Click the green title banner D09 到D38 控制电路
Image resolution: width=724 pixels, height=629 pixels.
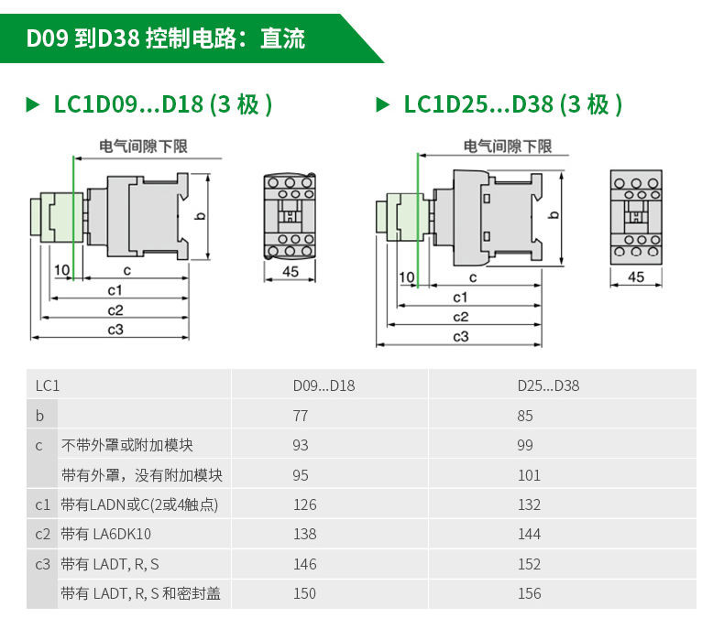(165, 38)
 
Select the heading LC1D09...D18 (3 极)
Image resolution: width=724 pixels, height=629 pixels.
(162, 104)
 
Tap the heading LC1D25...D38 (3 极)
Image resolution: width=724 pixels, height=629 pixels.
(512, 104)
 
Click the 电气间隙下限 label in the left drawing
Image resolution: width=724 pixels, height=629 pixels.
(144, 146)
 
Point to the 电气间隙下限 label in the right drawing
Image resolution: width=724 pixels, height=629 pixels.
(508, 146)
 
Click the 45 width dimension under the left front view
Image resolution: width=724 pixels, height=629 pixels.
(290, 271)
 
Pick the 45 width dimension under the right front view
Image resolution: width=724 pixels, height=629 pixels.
(636, 277)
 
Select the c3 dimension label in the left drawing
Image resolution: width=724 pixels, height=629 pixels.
(115, 330)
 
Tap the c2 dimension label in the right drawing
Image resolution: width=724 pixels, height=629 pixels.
(461, 317)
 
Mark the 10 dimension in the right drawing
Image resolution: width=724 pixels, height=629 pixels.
(407, 277)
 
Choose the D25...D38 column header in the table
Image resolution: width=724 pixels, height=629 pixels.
(548, 385)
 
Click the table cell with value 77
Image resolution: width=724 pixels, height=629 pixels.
(301, 416)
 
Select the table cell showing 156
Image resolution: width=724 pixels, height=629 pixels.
(529, 593)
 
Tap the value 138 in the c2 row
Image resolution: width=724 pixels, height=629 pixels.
(304, 534)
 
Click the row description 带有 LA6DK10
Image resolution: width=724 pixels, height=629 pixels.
(106, 534)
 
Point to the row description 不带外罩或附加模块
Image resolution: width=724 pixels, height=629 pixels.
(127, 446)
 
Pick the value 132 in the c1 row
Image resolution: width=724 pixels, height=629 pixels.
(529, 504)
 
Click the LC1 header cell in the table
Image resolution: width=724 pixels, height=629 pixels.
(48, 385)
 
